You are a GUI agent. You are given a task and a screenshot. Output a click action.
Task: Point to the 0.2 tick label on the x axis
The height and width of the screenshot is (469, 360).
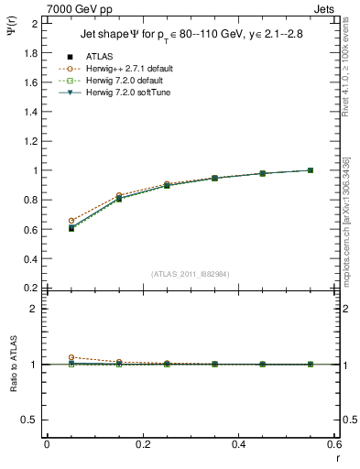pyautogui.click(x=143, y=444)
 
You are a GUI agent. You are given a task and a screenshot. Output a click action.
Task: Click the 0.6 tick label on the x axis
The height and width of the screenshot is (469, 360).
pyautogui.click(x=335, y=444)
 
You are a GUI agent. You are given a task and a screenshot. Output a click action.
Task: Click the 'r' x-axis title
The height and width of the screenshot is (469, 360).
pyautogui.click(x=335, y=457)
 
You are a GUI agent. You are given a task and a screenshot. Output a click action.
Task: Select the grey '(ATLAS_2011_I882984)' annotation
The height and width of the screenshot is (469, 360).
pyautogui.click(x=191, y=274)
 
